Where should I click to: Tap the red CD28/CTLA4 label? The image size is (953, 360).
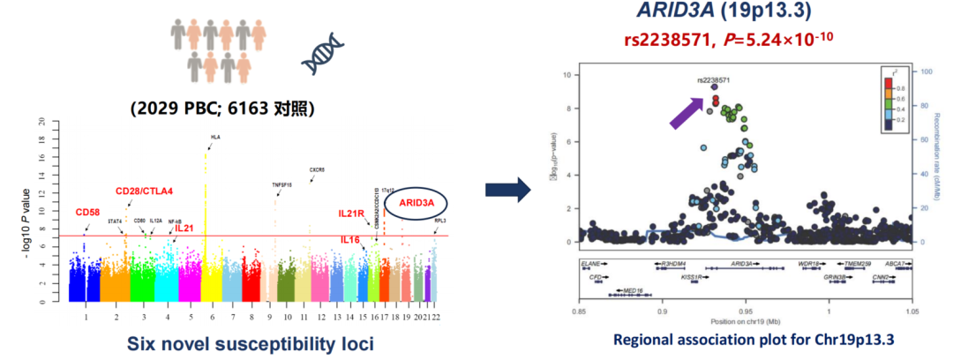[x=144, y=191]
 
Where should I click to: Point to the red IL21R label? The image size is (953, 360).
[x=354, y=214]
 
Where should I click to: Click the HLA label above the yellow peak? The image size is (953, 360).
[x=215, y=138]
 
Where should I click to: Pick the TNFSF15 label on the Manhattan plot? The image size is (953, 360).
[x=282, y=184]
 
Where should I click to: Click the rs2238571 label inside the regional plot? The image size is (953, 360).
[x=713, y=79]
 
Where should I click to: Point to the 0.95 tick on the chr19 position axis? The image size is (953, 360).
[x=746, y=311]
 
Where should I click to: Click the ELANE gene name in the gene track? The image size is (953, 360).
[x=590, y=264]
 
